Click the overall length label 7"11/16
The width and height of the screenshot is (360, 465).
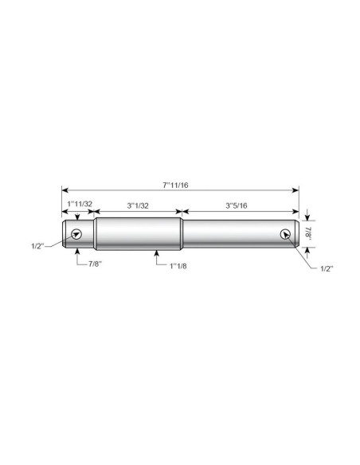175,186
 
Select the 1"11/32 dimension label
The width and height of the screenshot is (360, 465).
80,204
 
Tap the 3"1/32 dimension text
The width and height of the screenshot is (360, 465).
138,205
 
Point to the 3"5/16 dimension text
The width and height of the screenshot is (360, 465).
237,205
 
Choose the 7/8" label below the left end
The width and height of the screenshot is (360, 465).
95,264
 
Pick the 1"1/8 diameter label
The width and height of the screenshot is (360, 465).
178,266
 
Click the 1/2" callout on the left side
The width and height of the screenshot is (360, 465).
37,246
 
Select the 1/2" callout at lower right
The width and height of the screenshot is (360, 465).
327,268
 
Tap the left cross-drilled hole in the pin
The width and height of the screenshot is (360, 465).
76,234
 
